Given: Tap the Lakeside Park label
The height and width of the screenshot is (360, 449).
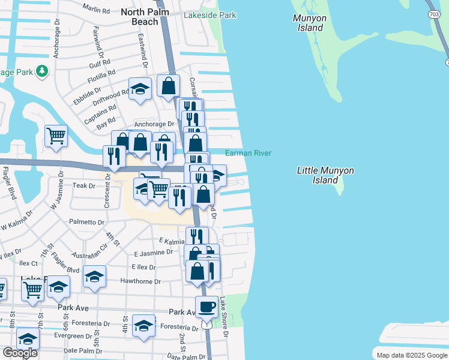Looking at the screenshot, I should click(210, 15).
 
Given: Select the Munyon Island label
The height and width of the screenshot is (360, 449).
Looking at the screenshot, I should click(310, 23).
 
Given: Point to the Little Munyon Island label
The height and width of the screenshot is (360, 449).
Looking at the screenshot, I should click(325, 175).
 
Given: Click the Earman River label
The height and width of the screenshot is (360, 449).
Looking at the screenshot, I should click(248, 154).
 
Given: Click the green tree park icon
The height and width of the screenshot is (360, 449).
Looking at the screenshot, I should click(41, 71).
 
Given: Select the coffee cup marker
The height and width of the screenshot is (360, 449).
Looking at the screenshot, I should click(207, 307).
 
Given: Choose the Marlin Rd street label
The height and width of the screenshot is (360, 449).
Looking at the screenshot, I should click(97, 10).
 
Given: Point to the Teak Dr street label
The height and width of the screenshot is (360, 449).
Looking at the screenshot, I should click(83, 186).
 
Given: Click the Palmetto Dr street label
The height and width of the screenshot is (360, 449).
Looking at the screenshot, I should click(86, 222).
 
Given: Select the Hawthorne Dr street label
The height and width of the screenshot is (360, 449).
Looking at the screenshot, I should click(140, 281).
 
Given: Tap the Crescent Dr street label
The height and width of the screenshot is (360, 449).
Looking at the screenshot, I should click(107, 191).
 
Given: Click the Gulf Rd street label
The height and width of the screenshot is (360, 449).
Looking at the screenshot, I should click(100, 62).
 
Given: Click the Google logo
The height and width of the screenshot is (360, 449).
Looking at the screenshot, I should click(20, 353).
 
